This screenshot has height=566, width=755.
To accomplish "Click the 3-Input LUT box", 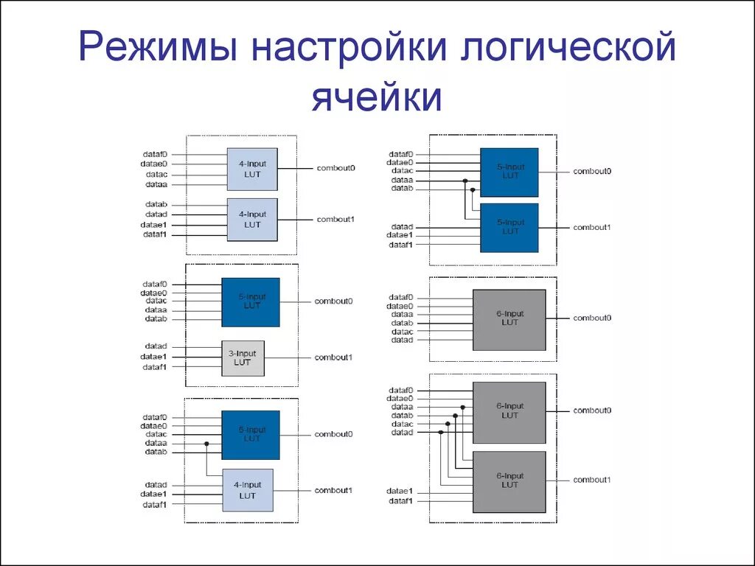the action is (x=243, y=358).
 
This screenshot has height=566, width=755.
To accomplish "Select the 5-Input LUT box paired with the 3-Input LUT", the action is (x=251, y=301).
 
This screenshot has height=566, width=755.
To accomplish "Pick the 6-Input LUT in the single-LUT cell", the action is (x=509, y=318).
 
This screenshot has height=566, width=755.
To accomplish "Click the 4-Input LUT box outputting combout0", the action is (x=252, y=169).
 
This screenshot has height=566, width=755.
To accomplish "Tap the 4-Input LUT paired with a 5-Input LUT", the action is (x=248, y=490).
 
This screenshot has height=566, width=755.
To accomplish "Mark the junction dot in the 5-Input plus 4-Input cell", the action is (x=207, y=444).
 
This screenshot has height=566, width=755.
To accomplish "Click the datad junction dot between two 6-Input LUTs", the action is (x=441, y=433).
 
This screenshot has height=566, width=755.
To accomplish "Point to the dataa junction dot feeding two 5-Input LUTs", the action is (x=465, y=181).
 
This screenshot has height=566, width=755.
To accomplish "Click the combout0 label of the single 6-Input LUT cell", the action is (x=593, y=318).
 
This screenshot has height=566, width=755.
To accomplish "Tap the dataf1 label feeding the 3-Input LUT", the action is (x=155, y=366).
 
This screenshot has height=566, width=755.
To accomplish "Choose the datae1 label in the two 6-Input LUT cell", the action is (x=400, y=492).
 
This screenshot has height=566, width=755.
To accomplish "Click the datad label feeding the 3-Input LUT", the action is (x=156, y=346).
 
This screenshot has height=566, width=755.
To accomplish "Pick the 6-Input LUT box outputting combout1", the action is (x=509, y=481).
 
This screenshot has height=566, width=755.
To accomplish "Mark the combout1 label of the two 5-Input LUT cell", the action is (x=592, y=228).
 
